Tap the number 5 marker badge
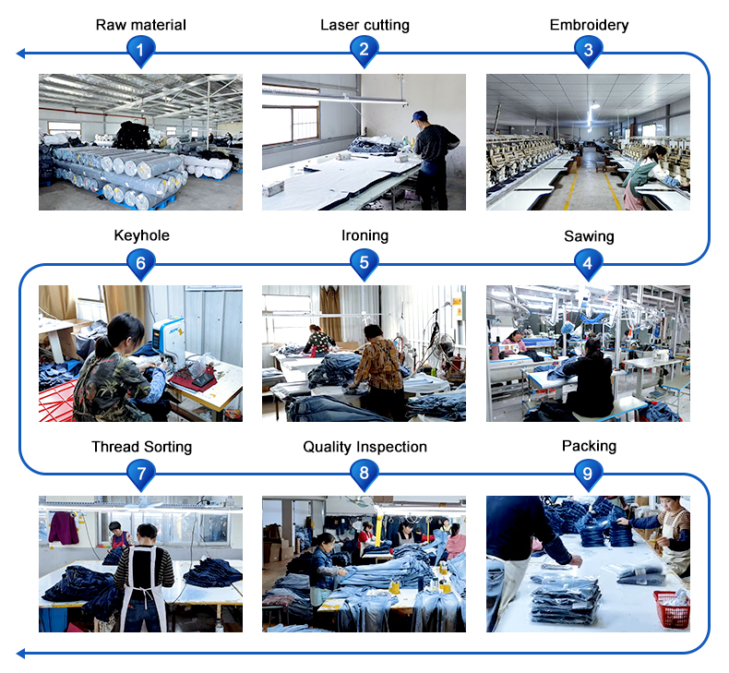point(364,263)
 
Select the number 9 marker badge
point(588,474)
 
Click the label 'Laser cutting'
point(364,25)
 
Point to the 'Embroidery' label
point(589,25)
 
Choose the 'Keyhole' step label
point(141,235)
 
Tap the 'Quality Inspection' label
point(364,447)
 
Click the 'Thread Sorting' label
point(141,447)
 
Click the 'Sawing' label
point(589,236)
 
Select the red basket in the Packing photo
point(671,608)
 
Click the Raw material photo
point(140,142)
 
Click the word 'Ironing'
point(364,235)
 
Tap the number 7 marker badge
point(140,475)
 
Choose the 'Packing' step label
point(589,446)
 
